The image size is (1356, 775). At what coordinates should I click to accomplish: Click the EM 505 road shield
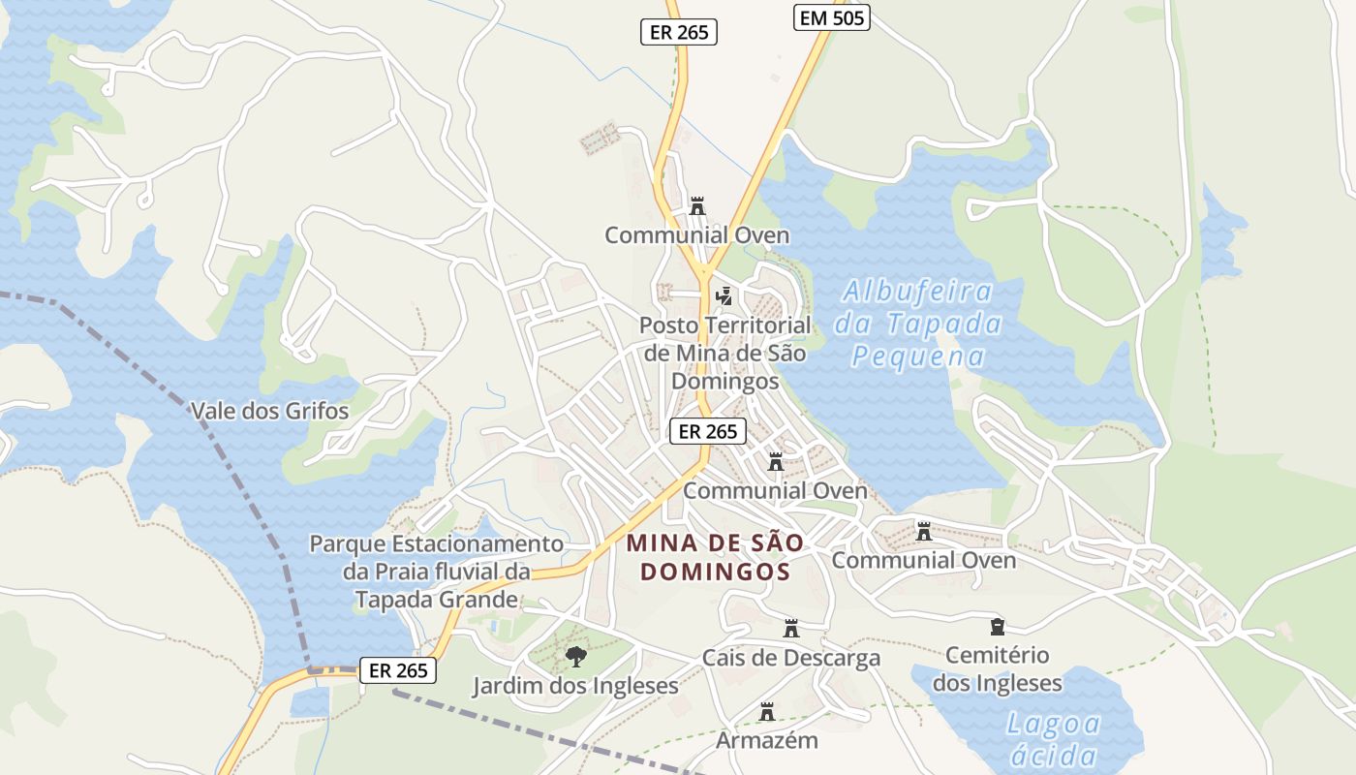831,17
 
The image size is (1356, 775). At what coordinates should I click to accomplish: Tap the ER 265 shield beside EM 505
679,32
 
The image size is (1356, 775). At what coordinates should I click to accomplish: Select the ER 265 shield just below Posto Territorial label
707,431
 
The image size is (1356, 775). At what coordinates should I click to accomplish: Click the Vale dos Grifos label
269,411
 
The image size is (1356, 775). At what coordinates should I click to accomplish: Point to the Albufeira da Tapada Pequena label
917,324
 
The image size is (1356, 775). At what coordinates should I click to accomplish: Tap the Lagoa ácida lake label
1053,739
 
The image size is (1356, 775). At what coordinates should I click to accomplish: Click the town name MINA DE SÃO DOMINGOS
715,557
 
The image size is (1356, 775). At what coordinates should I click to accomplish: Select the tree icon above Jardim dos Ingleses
575,657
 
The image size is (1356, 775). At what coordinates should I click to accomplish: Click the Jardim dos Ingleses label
575,687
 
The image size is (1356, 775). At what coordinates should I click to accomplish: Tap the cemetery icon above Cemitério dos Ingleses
998,627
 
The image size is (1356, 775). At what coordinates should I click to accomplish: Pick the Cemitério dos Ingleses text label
997,669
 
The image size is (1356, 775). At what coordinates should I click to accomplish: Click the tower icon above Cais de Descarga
791,629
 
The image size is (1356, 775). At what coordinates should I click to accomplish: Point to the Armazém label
767,741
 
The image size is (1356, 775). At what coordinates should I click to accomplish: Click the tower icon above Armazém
767,712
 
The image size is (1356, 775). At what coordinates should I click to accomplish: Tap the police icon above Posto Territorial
724,296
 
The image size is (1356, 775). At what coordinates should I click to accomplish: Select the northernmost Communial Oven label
696,235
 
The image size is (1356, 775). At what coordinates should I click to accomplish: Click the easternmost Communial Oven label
923,560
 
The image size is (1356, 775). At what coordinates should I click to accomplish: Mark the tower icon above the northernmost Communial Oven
696,205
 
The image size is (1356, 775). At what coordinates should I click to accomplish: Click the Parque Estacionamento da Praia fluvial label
436,572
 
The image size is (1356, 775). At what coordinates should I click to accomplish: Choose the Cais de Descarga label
791,659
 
